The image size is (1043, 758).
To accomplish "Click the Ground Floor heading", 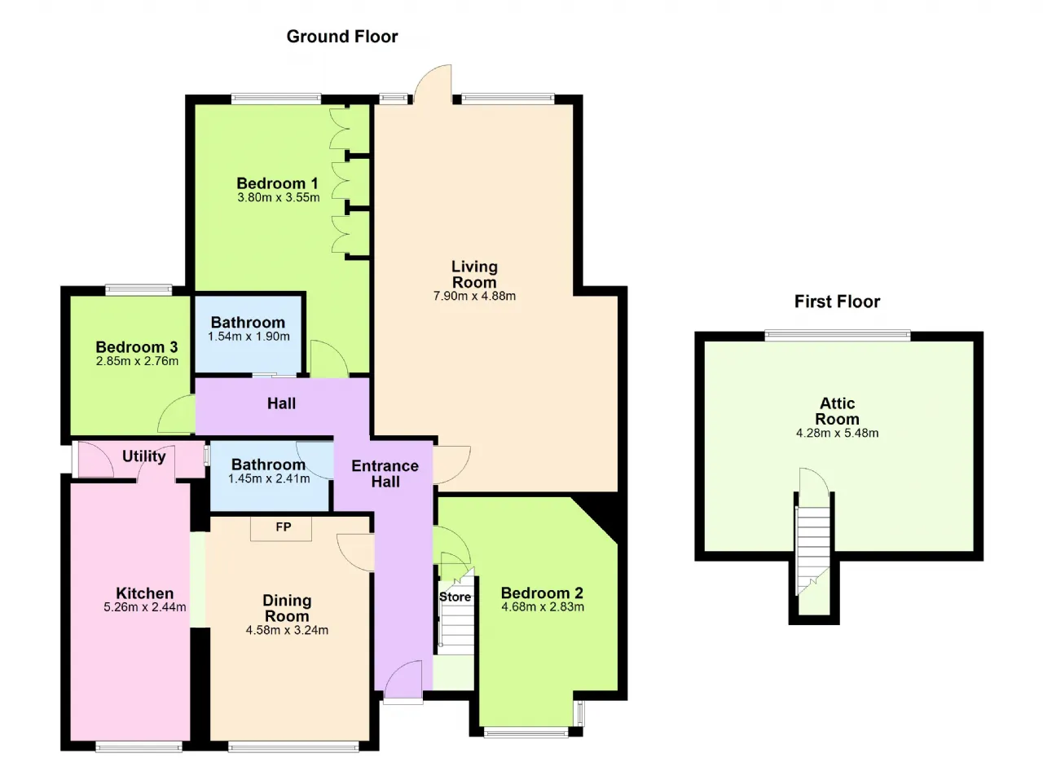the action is (342, 37).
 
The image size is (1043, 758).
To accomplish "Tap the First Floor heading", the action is (837, 302).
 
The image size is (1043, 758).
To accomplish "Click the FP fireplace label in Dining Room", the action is (283, 527).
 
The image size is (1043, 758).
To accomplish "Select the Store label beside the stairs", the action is (455, 597).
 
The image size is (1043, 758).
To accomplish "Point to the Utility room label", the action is (144, 456).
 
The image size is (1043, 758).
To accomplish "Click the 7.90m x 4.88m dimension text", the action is (474, 296).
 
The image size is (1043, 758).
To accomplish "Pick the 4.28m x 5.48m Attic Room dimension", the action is (837, 433).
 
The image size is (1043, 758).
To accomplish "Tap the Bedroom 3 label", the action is (137, 347).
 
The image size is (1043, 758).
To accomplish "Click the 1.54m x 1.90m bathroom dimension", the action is (249, 336).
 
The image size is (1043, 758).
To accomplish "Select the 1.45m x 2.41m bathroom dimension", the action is (269, 478).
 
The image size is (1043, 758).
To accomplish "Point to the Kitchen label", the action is (145, 593).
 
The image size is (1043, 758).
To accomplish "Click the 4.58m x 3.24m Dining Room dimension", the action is (287, 630).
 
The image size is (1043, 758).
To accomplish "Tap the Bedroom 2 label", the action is (542, 593).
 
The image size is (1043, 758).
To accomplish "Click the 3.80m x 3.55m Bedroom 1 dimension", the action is (279, 197).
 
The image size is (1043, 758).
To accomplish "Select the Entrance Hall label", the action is (385, 474).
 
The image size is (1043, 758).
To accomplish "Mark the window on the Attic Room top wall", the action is (837, 335).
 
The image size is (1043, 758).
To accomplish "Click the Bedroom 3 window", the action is (139, 290).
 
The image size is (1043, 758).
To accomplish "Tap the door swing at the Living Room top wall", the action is (433, 84).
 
